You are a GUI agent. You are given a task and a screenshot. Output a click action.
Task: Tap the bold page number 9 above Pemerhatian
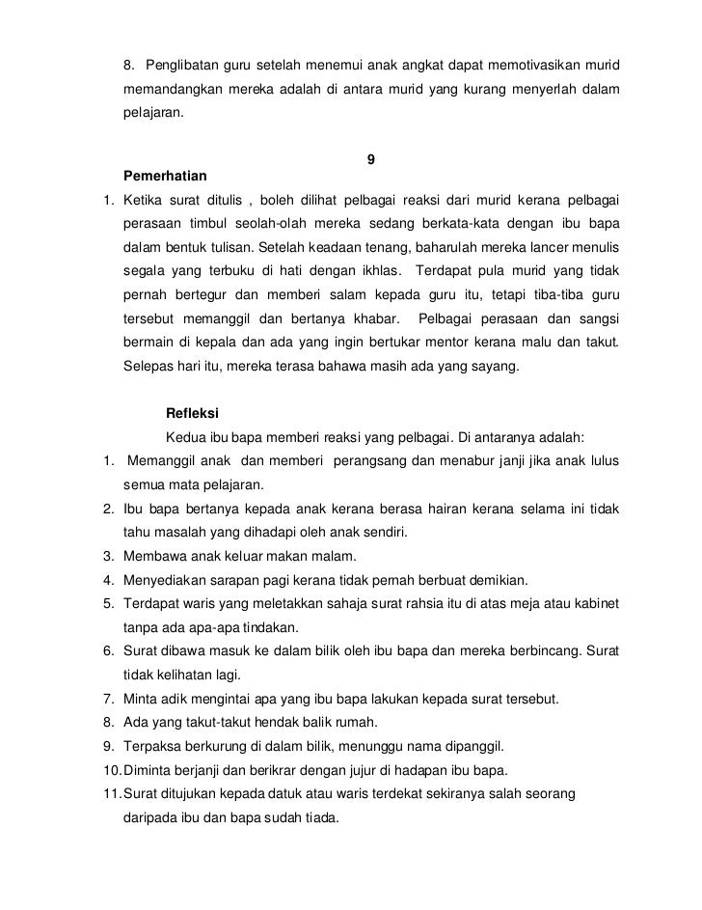[372, 158]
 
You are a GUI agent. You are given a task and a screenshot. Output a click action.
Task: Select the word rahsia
[386, 604]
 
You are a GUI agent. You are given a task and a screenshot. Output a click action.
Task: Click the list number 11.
[110, 792]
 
